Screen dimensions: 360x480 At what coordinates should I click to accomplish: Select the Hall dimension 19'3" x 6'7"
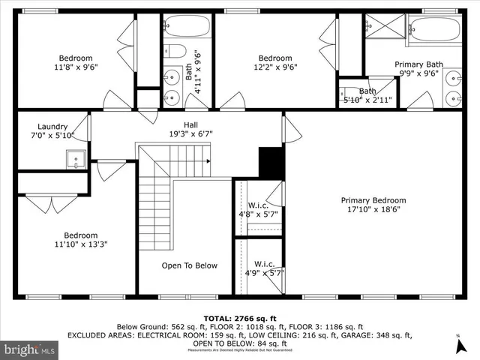coord(190,134)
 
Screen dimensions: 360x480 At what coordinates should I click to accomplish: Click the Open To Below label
coord(190,265)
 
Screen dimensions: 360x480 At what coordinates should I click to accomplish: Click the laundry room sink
coord(73,158)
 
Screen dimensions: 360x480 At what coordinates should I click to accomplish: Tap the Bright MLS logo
coord(30,349)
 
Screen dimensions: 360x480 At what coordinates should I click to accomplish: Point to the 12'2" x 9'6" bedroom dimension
coord(275,67)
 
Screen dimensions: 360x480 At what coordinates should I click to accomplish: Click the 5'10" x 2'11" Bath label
coord(367,95)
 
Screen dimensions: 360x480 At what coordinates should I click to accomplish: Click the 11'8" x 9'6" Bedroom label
coord(76,62)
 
